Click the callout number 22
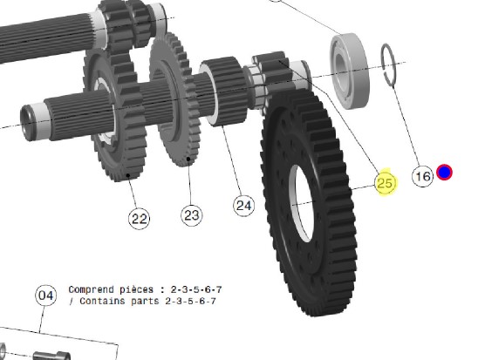pos(140,218)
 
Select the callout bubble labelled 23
pos(191,215)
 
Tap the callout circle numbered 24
pos(244,206)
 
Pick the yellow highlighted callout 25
pos(386,183)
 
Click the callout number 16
pos(422,176)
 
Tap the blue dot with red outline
pos(444,172)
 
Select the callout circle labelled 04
pos(45,295)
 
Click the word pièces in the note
pos(136,289)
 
